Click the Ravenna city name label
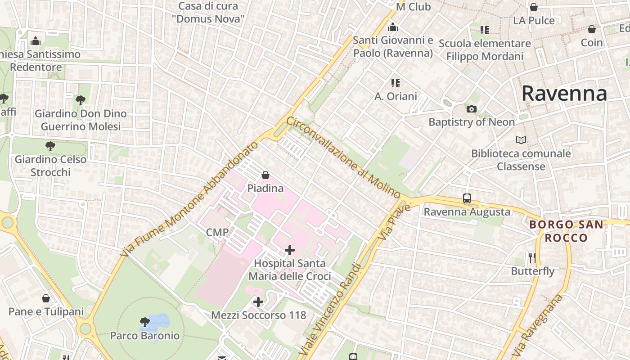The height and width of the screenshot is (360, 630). tap(564, 94)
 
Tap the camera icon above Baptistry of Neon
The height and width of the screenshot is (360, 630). tap(471, 109)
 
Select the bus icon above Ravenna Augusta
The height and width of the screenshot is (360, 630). tap(467, 198)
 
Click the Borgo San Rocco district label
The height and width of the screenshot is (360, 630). tap(566, 231)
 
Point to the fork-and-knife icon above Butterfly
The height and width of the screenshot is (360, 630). tap(532, 257)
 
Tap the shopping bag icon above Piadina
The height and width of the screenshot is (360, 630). tap(265, 175)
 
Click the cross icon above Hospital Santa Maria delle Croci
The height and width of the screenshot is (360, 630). tap(290, 250)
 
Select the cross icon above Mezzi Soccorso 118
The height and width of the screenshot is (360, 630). tap(258, 302)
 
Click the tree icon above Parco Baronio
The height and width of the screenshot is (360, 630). tap(144, 322)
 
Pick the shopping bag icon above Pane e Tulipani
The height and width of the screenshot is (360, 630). tap(46, 298)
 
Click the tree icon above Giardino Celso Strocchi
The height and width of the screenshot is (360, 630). tap(50, 146)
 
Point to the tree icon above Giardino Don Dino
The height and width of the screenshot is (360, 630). tap(81, 100)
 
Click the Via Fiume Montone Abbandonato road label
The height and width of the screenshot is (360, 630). tap(190, 199)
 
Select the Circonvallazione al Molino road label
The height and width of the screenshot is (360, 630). tap(343, 157)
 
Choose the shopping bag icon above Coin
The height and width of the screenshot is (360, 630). tap(591, 29)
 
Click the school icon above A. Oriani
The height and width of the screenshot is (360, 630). tap(396, 83)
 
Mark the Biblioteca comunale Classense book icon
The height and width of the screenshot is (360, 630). tap(521, 140)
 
